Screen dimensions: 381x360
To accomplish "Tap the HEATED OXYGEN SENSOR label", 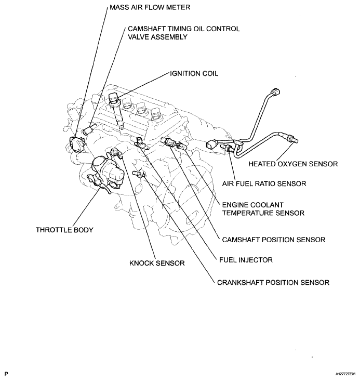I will tap(293, 164).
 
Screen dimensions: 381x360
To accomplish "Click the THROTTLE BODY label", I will tap(64, 230).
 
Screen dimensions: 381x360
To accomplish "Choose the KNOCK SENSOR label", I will tap(157, 263).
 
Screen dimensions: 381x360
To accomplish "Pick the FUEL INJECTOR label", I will tap(246, 259).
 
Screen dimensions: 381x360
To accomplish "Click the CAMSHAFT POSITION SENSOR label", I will tap(273, 240).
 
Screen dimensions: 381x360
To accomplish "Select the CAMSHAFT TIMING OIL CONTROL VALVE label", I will tap(183, 33).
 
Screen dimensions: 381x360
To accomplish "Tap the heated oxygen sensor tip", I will tap(295, 138).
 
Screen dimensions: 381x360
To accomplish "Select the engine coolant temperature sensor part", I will tap(171, 142).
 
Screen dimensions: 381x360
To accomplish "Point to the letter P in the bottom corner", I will tap(6, 373).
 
